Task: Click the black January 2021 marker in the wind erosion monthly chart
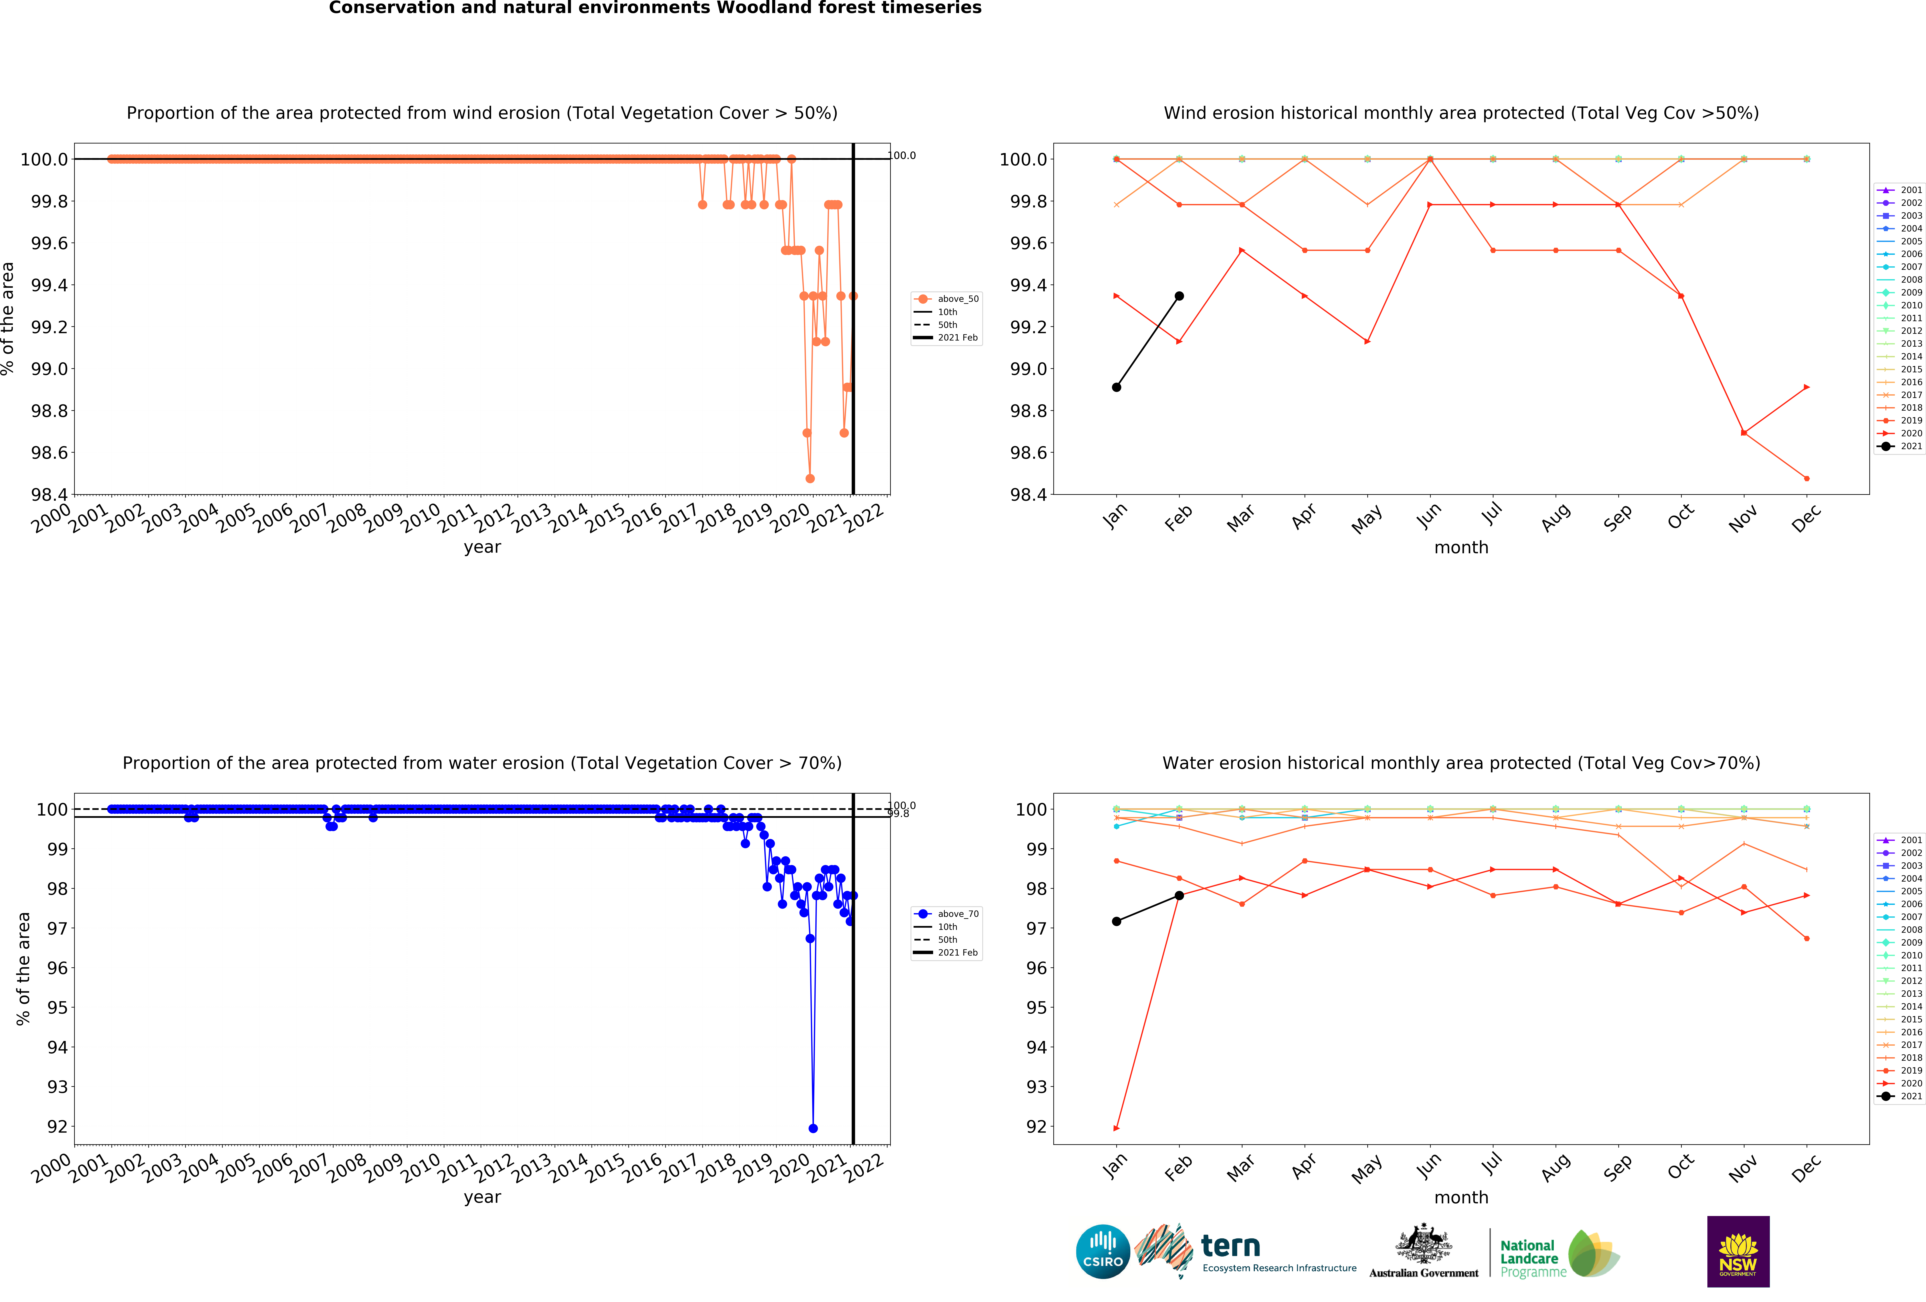coord(1116,387)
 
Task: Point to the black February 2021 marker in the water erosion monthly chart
coord(1179,895)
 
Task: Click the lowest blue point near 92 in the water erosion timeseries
coord(812,1128)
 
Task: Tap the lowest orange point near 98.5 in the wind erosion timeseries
coord(810,478)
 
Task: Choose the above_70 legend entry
coord(946,913)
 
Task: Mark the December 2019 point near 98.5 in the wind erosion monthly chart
coord(1807,478)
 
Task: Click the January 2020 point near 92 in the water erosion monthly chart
coord(1116,1128)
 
